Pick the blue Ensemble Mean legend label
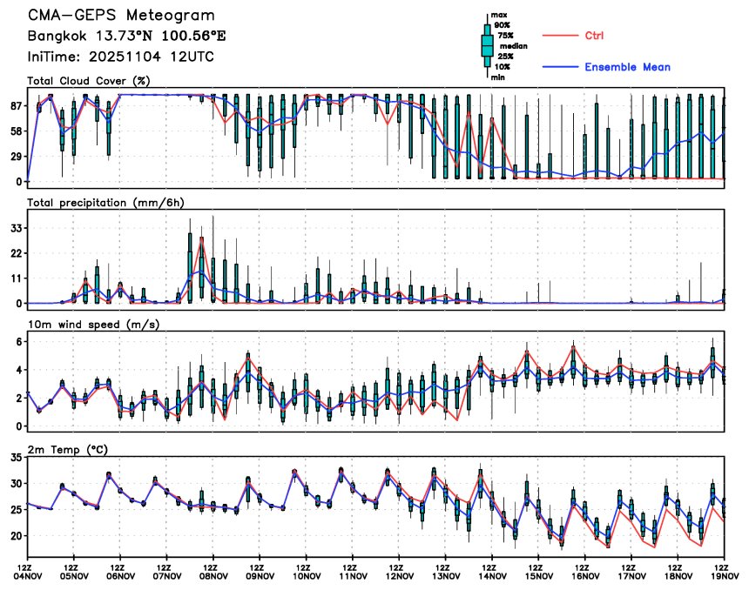(627, 67)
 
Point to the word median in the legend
(514, 46)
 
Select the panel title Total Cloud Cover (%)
(88, 81)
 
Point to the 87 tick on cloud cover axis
(15, 105)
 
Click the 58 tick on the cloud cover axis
(15, 131)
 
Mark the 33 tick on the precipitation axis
(15, 228)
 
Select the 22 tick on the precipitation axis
(15, 253)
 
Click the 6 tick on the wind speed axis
(18, 341)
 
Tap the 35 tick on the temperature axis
(15, 457)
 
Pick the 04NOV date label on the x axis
(28, 576)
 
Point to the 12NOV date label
(400, 576)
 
